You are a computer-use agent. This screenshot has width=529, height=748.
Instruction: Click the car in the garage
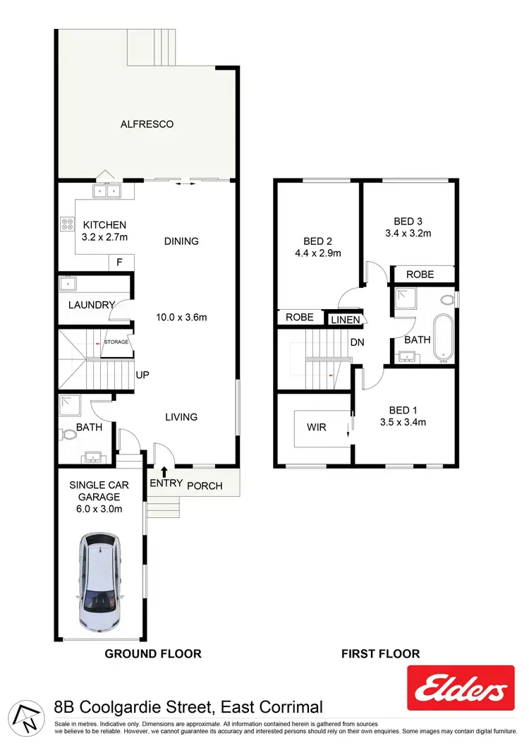[101, 582]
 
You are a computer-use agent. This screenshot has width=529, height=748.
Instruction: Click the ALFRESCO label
[147, 124]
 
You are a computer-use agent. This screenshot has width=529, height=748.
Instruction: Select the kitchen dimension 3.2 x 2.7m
[99, 237]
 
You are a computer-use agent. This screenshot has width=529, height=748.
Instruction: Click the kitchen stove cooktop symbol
[68, 224]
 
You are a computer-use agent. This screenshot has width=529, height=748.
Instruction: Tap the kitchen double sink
[107, 190]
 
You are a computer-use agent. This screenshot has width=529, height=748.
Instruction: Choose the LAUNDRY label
[91, 305]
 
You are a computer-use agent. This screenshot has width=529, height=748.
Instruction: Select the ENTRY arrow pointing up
[164, 471]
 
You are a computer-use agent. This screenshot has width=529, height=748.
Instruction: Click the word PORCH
[205, 485]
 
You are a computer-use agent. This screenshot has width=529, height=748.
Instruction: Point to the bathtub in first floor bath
[444, 338]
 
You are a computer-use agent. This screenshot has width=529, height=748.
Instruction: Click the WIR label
[317, 427]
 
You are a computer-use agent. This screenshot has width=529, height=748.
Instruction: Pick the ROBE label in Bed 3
[420, 274]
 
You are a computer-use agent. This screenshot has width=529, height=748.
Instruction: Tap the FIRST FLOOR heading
[380, 653]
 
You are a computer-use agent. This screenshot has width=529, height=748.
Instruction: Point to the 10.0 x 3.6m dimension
[181, 317]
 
